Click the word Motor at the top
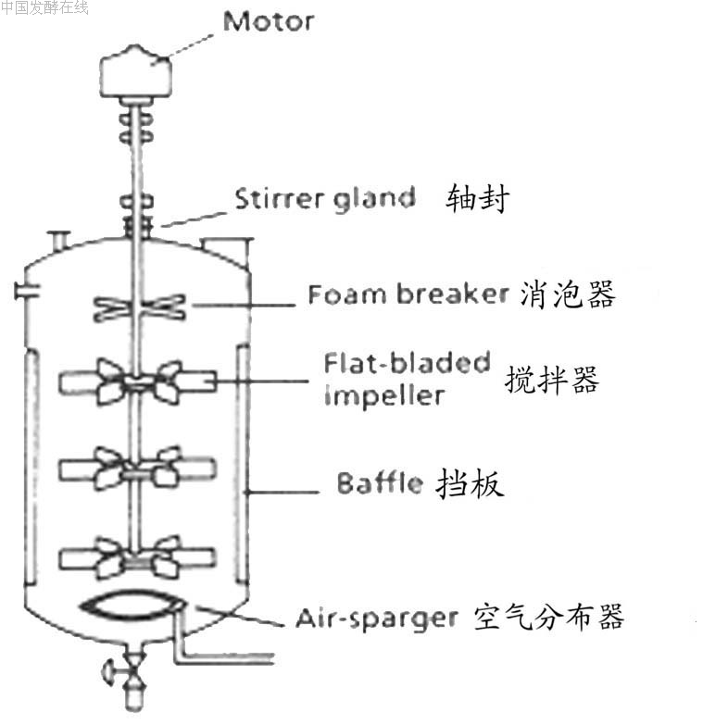pyautogui.click(x=269, y=20)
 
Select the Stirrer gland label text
pyautogui.click(x=323, y=198)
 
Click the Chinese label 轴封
pyautogui.click(x=478, y=198)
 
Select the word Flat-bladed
pyautogui.click(x=407, y=362)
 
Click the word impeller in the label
pyautogui.click(x=384, y=395)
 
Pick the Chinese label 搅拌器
pyautogui.click(x=552, y=380)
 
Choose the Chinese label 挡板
pyautogui.click(x=470, y=483)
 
